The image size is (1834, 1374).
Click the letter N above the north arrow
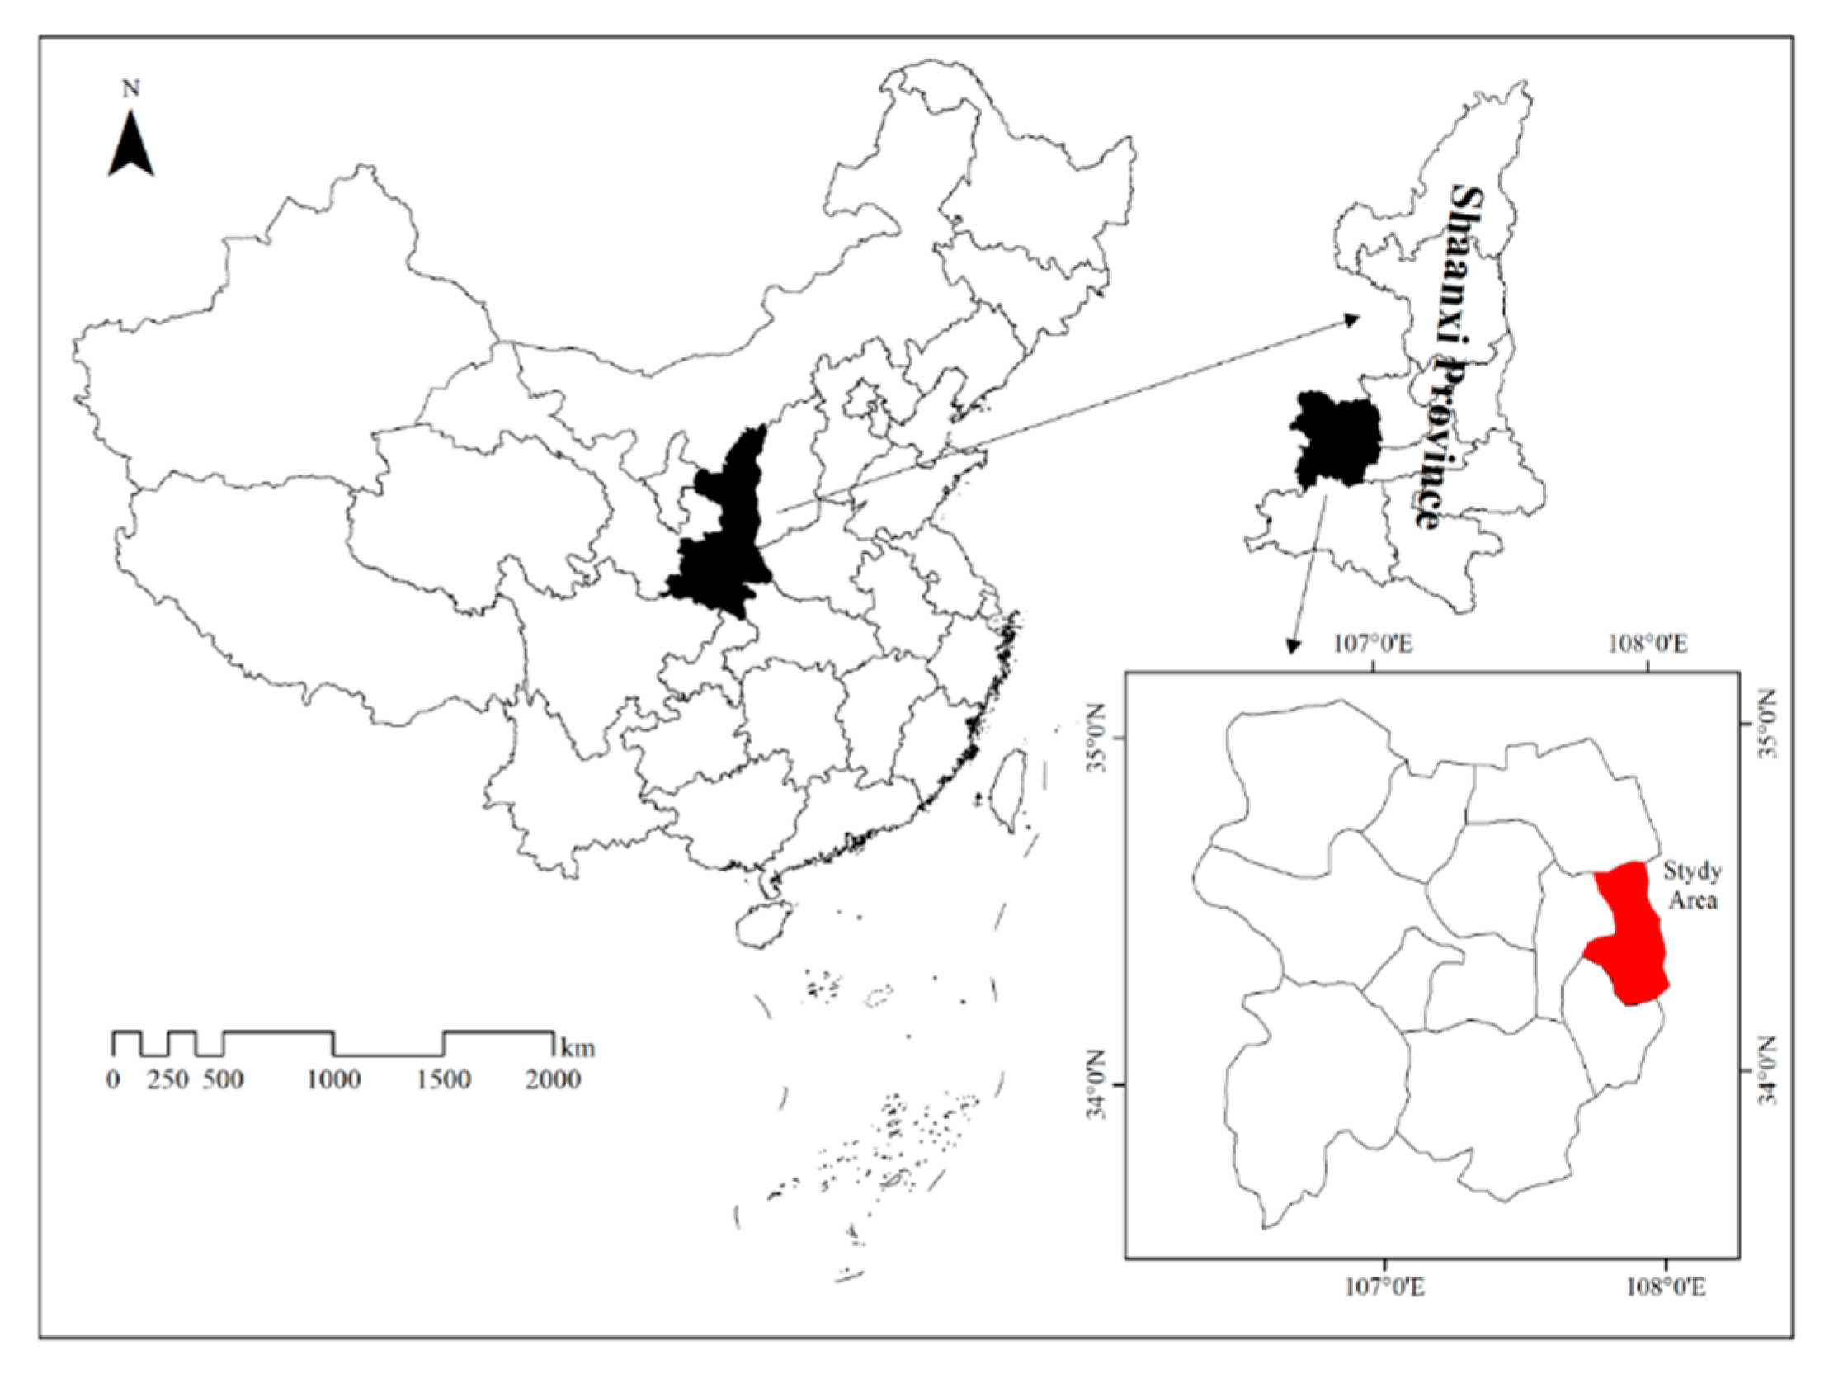pos(131,89)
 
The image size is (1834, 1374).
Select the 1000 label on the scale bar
pos(333,1080)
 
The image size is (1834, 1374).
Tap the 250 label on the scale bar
pos(168,1080)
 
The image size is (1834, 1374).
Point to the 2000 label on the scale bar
pos(553,1080)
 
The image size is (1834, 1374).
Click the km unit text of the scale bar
pos(578,1047)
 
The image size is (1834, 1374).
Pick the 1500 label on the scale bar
pos(444,1080)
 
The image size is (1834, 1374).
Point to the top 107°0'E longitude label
pos(1374,645)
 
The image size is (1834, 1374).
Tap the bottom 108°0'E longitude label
pos(1667,1287)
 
